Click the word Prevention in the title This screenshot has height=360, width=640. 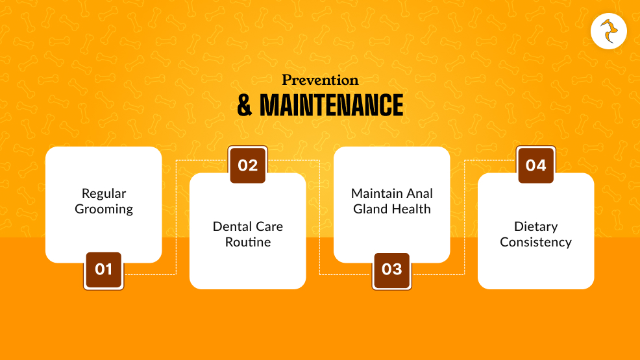320,80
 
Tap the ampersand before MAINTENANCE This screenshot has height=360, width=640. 245,106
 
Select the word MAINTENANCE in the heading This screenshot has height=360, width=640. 331,106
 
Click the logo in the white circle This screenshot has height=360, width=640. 609,31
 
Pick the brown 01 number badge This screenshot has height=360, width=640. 103,269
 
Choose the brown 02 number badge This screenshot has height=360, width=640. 247,165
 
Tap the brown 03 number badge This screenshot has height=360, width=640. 391,269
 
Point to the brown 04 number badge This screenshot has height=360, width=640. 535,165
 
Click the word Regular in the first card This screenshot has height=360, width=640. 104,193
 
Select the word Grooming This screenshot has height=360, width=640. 104,209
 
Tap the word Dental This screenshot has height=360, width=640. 232,226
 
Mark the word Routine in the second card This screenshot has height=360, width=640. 247,242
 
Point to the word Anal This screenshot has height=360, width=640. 420,193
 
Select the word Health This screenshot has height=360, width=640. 411,209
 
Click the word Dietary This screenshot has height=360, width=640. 535,226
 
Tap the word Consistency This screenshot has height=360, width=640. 535,242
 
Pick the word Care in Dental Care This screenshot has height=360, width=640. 268,226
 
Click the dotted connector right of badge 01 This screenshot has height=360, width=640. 151,274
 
